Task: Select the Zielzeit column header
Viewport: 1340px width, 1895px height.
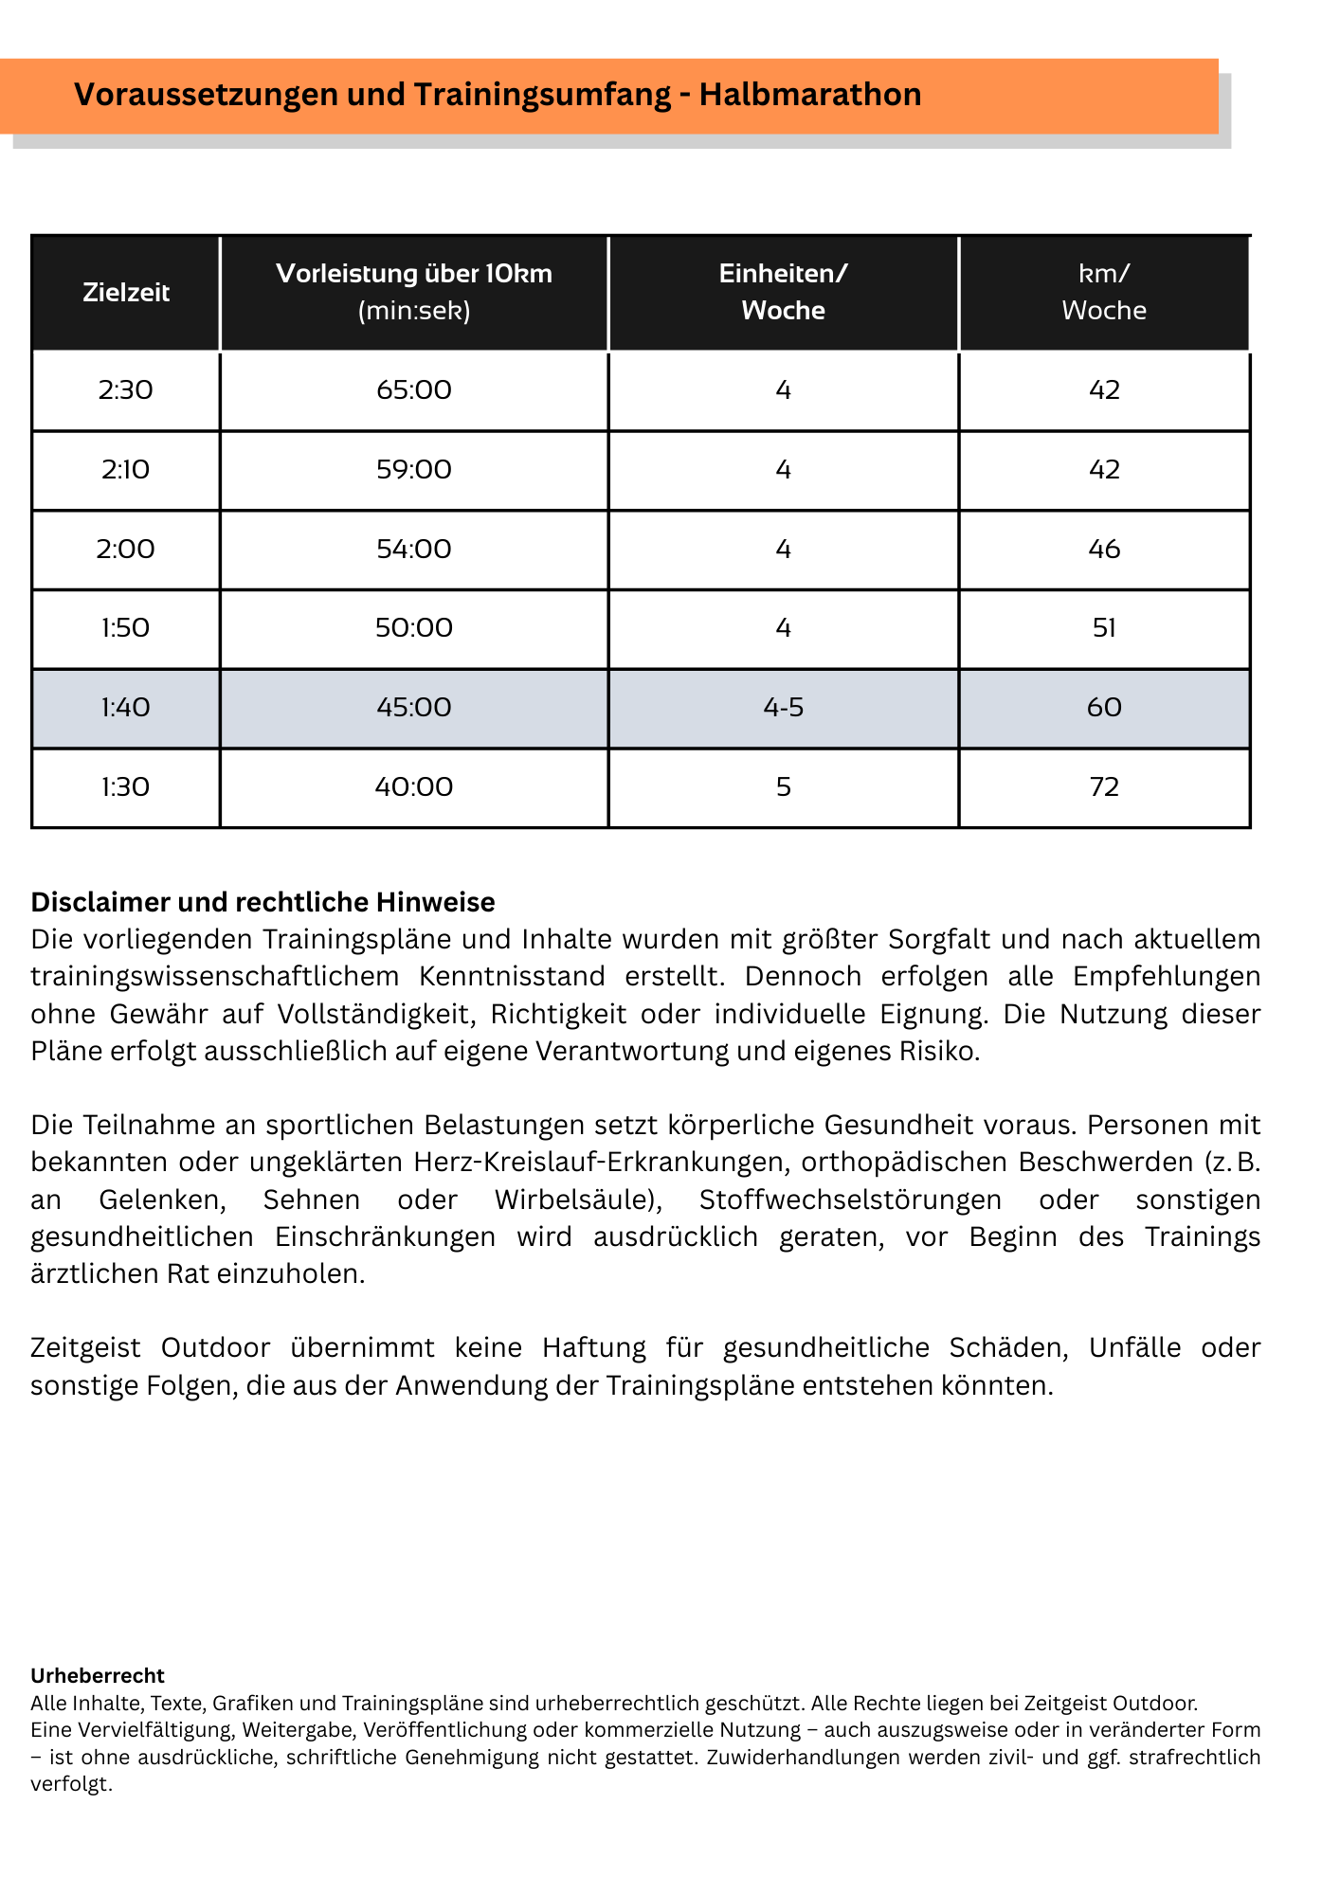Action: [x=126, y=292]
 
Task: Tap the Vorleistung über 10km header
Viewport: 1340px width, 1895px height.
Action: [x=414, y=292]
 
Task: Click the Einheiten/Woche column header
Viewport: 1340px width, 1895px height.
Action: [x=783, y=292]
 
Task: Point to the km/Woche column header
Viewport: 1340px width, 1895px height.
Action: [x=1104, y=292]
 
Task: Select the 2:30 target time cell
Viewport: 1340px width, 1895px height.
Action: [x=126, y=390]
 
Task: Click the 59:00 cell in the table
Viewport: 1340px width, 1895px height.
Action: [x=414, y=470]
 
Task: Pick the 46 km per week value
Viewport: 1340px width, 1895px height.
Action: [x=1104, y=550]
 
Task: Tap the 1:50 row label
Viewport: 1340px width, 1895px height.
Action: [x=126, y=628]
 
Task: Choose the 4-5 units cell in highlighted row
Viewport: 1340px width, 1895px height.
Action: [x=783, y=708]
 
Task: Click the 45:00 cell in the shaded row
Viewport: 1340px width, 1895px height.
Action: [x=414, y=708]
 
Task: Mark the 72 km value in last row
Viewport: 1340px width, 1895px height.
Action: [x=1104, y=787]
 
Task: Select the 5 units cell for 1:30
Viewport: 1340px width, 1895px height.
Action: [x=783, y=787]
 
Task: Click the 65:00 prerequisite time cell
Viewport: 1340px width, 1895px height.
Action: [x=414, y=390]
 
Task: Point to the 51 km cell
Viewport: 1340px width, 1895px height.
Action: [x=1104, y=628]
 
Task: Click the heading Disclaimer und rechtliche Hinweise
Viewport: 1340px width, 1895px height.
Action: [x=263, y=902]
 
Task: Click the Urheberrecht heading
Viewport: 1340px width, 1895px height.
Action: [x=98, y=1675]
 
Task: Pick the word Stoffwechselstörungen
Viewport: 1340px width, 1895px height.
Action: [x=850, y=1200]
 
